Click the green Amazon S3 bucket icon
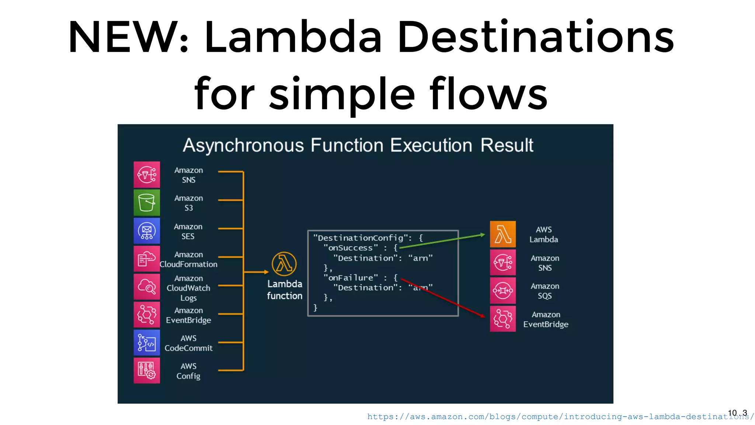click(147, 203)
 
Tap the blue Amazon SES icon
click(147, 231)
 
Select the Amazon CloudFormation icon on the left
click(147, 259)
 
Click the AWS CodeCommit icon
click(147, 343)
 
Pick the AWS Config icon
click(147, 370)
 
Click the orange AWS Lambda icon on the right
click(503, 234)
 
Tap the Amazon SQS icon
click(503, 291)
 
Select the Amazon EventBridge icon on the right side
click(503, 319)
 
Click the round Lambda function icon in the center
click(284, 264)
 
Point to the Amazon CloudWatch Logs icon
click(147, 287)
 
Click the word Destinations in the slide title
click(536, 37)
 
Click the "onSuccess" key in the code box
click(351, 248)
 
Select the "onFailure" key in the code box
click(351, 278)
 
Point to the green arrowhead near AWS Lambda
click(483, 235)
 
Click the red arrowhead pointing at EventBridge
click(483, 316)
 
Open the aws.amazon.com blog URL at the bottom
click(553, 417)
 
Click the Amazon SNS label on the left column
click(188, 175)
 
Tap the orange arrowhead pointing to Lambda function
click(267, 272)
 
